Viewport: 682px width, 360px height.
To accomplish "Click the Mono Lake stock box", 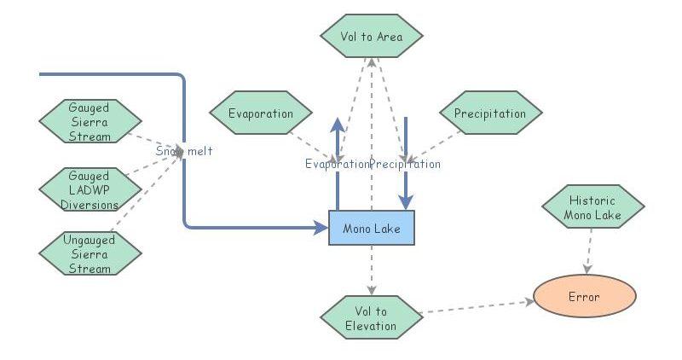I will click(x=371, y=228).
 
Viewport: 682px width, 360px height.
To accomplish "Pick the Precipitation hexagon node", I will click(x=490, y=113).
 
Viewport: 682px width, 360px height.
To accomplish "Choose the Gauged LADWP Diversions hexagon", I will click(x=90, y=189).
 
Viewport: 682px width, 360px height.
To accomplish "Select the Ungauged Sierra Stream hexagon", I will click(x=90, y=253).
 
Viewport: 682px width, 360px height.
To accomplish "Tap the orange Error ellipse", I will click(x=584, y=297).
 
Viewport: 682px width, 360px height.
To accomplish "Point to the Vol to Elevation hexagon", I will click(x=371, y=317).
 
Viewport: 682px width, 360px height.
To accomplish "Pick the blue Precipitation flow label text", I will click(x=406, y=164).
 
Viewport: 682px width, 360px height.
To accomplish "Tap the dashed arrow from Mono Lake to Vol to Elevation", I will click(x=371, y=269).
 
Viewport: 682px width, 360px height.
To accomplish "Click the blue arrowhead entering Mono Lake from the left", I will click(x=321, y=228).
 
